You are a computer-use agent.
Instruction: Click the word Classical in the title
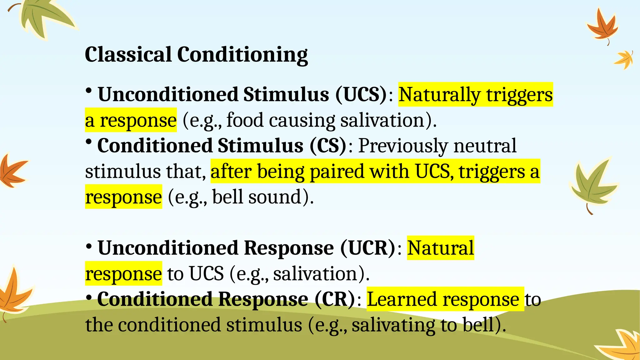[128, 54]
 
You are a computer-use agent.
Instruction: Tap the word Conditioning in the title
[242, 55]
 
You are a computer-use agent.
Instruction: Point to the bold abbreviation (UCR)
[368, 248]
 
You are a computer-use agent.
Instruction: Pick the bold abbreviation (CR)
[335, 299]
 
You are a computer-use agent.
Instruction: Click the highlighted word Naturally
[439, 94]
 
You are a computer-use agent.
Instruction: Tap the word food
[245, 120]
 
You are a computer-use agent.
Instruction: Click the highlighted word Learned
[402, 299]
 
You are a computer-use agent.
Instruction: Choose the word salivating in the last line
[393, 325]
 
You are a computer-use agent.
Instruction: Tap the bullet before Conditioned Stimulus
[89, 142]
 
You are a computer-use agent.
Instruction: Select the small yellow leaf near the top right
[624, 59]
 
